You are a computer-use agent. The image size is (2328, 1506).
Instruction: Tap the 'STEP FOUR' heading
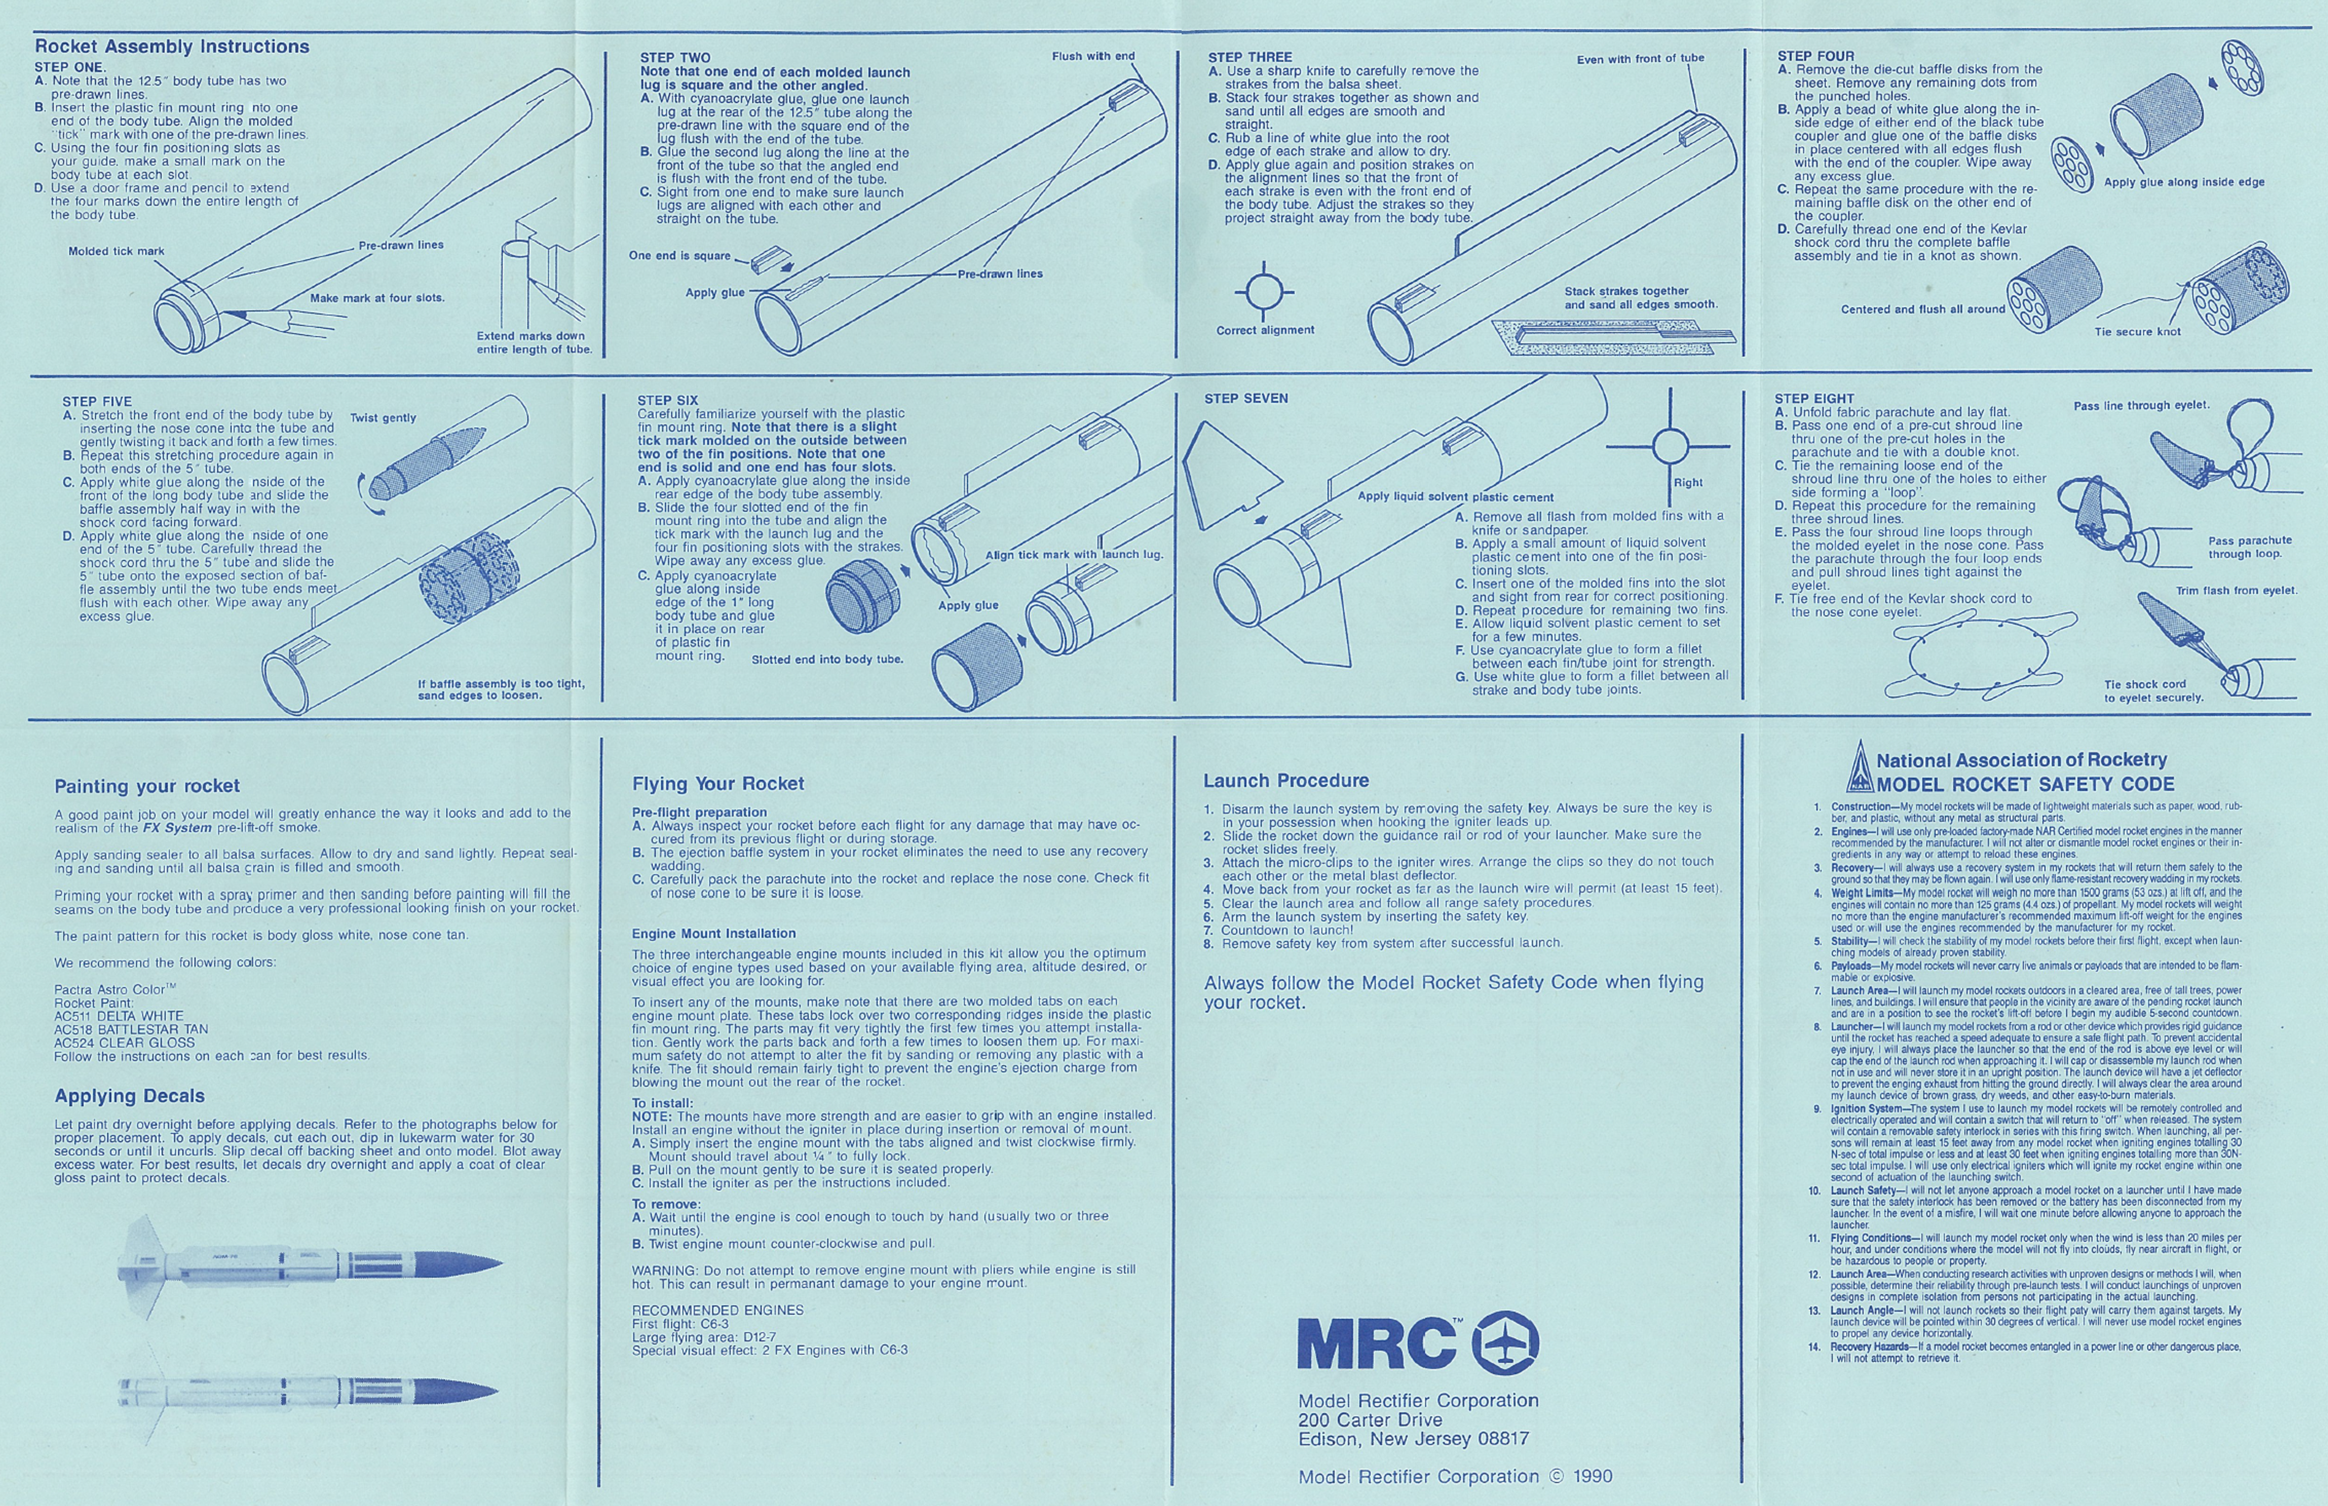coord(1815,56)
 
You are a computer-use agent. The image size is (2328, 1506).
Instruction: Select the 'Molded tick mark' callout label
coord(116,251)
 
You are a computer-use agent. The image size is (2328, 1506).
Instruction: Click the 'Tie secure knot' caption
coord(2137,331)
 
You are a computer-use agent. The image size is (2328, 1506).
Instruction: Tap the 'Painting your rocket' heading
coord(147,786)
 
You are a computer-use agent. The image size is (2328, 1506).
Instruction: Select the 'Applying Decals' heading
coord(129,1096)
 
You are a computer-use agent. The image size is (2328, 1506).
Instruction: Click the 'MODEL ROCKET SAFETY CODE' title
coord(2025,784)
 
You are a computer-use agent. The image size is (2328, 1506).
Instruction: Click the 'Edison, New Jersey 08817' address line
coord(1413,1438)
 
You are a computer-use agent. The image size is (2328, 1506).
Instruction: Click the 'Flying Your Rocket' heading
coord(718,783)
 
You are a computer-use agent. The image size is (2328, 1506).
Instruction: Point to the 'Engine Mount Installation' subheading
coord(714,934)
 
